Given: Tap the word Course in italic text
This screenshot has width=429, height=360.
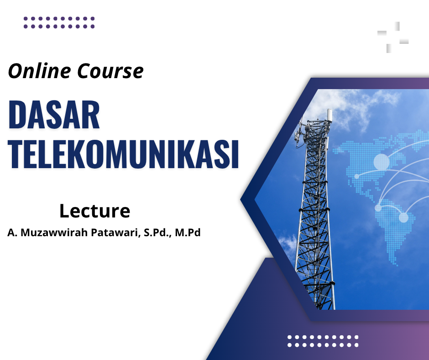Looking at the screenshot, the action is pyautogui.click(x=110, y=71).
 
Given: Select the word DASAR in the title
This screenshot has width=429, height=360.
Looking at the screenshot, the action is pyautogui.click(x=54, y=115).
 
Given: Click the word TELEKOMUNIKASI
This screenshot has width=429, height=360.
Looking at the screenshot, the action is pyautogui.click(x=124, y=154).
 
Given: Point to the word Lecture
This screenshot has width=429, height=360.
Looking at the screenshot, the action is pyautogui.click(x=94, y=211).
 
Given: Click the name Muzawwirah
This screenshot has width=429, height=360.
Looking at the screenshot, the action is pyautogui.click(x=54, y=233).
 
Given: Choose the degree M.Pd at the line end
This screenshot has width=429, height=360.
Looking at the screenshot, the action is pyautogui.click(x=188, y=233).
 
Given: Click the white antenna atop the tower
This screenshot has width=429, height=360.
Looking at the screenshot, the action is pyautogui.click(x=330, y=116).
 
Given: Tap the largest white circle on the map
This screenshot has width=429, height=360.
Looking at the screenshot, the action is pyautogui.click(x=382, y=162).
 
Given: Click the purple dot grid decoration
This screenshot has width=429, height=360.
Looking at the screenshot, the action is pyautogui.click(x=59, y=22).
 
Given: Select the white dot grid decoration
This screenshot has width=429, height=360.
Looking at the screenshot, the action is pyautogui.click(x=323, y=341).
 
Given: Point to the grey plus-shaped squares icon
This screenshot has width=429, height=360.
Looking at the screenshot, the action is pyautogui.click(x=393, y=37).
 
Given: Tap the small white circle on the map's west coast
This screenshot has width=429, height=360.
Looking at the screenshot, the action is pyautogui.click(x=356, y=176).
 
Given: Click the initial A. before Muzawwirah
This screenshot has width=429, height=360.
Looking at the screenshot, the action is pyautogui.click(x=13, y=233).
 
